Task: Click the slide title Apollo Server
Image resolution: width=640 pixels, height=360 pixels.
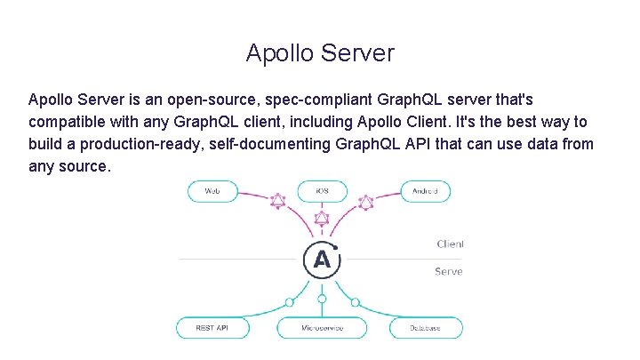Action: point(320,53)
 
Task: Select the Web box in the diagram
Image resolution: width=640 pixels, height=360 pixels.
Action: point(213,191)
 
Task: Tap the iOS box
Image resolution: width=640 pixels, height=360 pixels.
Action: point(322,191)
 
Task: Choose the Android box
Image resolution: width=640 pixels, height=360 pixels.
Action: point(424,191)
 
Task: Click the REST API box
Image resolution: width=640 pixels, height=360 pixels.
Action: point(212,328)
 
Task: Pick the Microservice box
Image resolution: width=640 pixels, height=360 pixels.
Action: point(322,328)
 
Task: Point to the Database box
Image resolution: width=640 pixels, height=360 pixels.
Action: point(425,328)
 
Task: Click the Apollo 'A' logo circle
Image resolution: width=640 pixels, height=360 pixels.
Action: point(322,260)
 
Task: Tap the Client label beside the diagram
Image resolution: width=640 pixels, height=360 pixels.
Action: point(450,244)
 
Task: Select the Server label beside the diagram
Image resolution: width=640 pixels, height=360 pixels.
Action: point(449,271)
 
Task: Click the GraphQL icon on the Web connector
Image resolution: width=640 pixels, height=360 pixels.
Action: point(277,201)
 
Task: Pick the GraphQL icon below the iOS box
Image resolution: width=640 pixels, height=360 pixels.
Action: point(322,219)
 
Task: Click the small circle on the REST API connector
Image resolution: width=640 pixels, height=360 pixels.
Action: point(289,302)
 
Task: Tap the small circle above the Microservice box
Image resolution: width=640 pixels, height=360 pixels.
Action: point(322,299)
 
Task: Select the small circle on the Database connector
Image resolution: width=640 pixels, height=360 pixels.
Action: point(356,302)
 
